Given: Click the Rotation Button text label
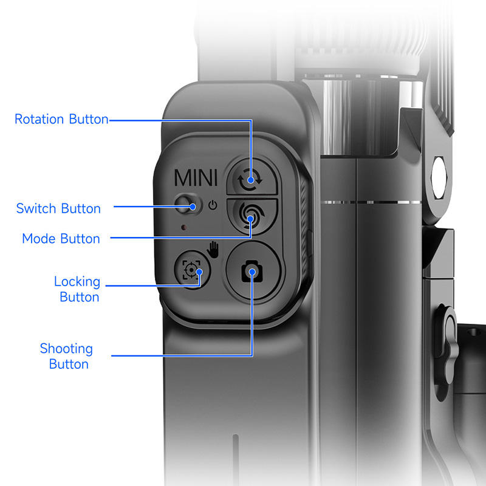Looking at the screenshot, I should click(61, 119).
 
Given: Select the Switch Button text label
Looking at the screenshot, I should click(58, 209).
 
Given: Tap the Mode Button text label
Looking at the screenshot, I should click(61, 239).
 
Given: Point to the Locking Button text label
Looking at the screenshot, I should click(77, 289).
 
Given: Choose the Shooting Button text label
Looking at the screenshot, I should click(66, 356).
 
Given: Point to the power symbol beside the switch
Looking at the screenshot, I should click(212, 205).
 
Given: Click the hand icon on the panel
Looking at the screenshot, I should click(213, 248).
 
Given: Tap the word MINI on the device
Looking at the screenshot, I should click(195, 178).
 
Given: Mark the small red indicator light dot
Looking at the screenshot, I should click(182, 228).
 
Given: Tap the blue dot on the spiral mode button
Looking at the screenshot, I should click(250, 224).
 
